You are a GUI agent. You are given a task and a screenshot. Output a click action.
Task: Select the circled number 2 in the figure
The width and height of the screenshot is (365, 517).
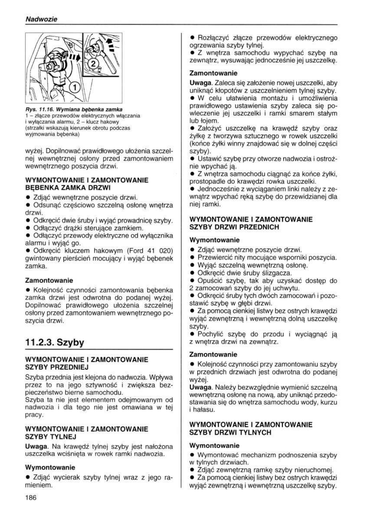point(92,65)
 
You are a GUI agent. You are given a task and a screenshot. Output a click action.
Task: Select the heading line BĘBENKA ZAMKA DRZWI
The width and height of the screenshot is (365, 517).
point(65,187)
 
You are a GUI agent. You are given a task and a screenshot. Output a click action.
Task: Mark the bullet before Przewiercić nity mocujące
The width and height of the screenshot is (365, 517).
point(193,257)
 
